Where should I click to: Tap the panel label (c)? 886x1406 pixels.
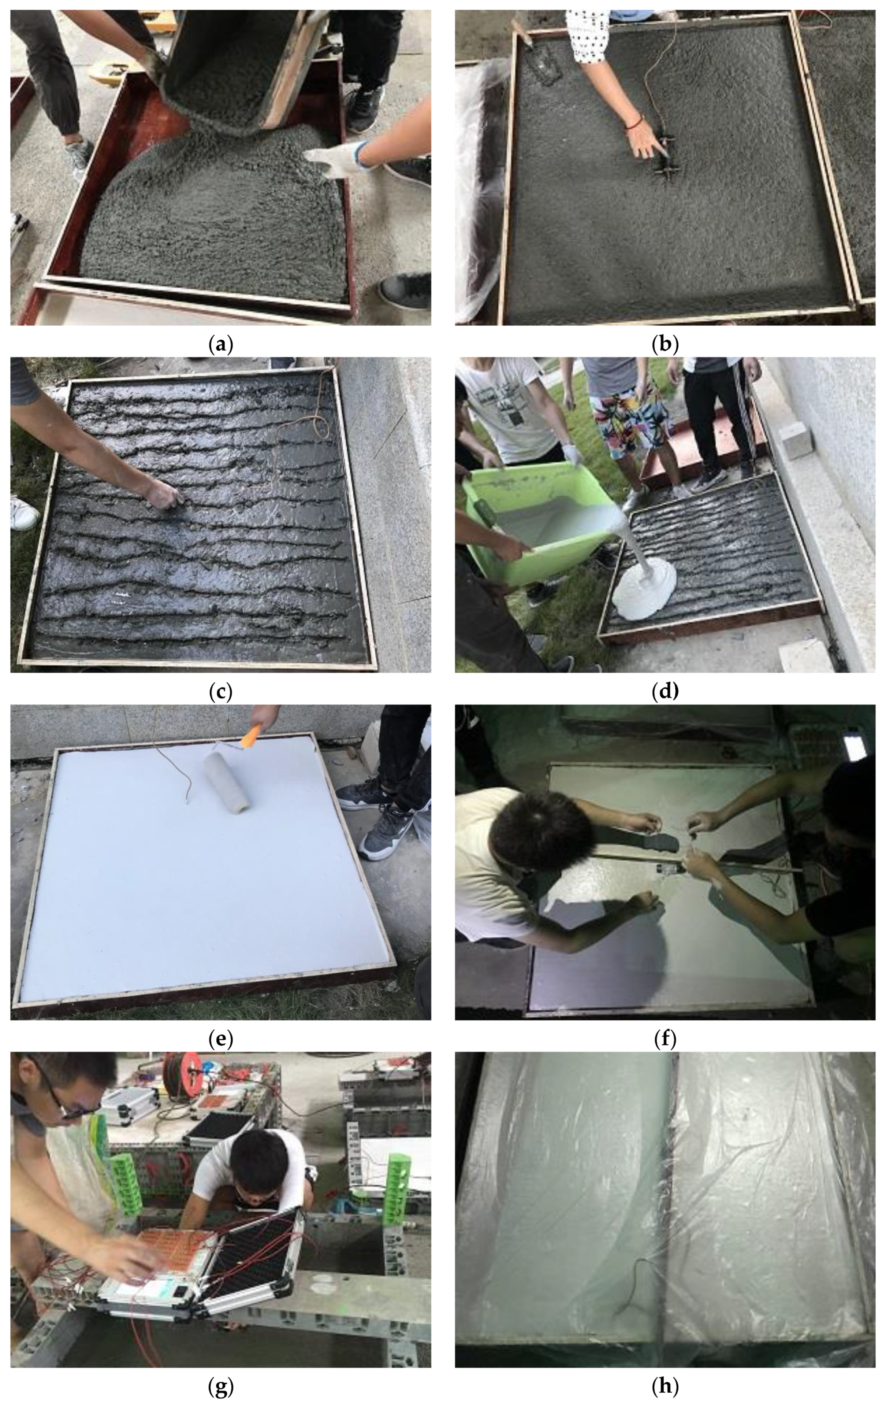click(221, 692)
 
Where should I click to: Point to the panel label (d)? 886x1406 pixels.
click(665, 692)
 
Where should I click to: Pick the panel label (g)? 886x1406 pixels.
click(221, 1386)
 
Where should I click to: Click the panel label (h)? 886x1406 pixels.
click(665, 1386)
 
